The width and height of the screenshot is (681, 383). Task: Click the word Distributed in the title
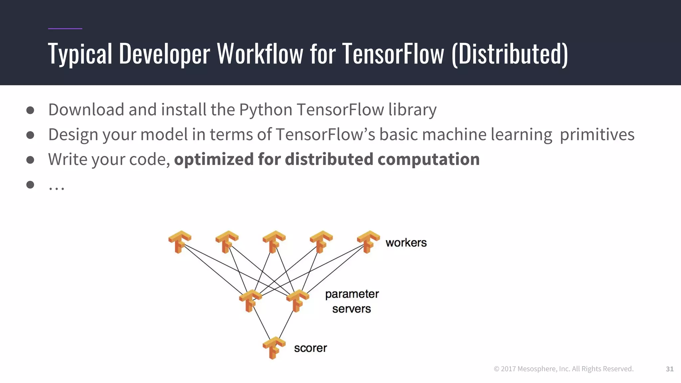(x=510, y=54)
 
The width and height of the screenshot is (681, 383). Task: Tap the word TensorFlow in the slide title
(x=393, y=54)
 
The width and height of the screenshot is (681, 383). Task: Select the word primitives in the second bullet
(x=597, y=135)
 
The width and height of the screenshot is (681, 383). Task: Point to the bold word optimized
(x=214, y=159)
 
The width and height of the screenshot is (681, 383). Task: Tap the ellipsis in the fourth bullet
(x=56, y=188)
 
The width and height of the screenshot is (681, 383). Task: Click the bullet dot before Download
(x=30, y=110)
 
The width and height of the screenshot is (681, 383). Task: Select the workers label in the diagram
(x=406, y=243)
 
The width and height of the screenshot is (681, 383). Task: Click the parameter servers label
(x=352, y=301)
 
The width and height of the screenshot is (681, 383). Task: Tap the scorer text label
(x=310, y=348)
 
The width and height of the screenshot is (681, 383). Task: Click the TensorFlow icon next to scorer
(x=274, y=348)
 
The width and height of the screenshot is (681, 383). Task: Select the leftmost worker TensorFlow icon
(x=180, y=242)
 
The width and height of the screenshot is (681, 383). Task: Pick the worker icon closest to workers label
(x=368, y=242)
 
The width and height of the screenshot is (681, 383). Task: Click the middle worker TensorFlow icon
(x=274, y=242)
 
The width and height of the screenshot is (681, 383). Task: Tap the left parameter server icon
(x=250, y=301)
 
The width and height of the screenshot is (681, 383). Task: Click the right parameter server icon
(x=297, y=301)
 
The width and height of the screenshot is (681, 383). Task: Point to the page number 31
(x=670, y=369)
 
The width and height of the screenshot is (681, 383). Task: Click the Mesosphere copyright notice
(x=563, y=369)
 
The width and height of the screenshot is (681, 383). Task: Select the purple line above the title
(x=65, y=29)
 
